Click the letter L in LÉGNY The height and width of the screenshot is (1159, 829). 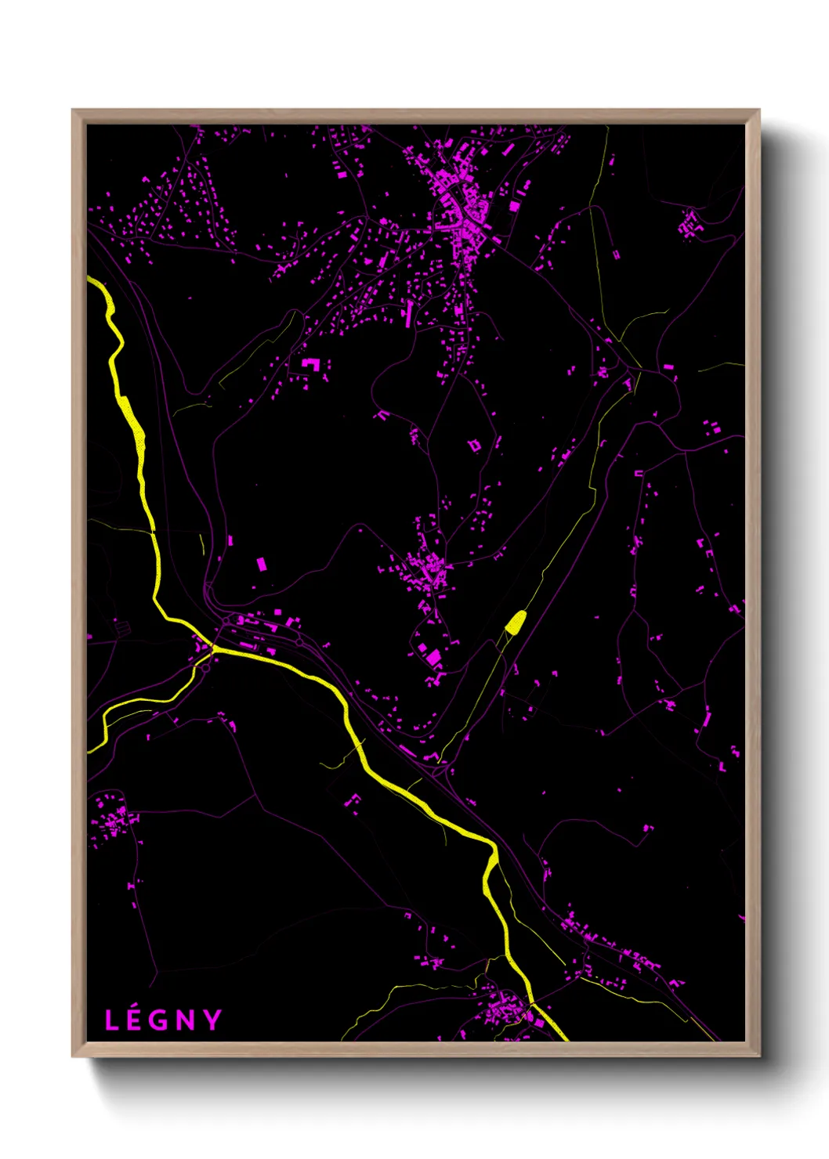click(112, 1020)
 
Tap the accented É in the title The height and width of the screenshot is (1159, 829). click(135, 1020)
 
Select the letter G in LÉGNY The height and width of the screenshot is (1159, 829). click(160, 1020)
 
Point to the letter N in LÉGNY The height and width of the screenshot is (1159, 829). click(186, 1020)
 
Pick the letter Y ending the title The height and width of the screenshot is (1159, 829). click(212, 1020)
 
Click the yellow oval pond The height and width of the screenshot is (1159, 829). click(515, 623)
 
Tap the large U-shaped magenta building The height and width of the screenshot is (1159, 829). click(311, 363)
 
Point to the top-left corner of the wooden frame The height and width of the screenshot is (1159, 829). click(73, 110)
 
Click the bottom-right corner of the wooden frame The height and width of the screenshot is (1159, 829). click(758, 1056)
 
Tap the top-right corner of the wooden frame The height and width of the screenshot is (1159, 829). click(758, 110)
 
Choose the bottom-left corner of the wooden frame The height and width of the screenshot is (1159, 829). click(73, 1056)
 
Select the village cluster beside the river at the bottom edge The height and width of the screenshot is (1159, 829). click(505, 1010)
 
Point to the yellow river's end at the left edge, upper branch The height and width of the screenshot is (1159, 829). click(90, 278)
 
